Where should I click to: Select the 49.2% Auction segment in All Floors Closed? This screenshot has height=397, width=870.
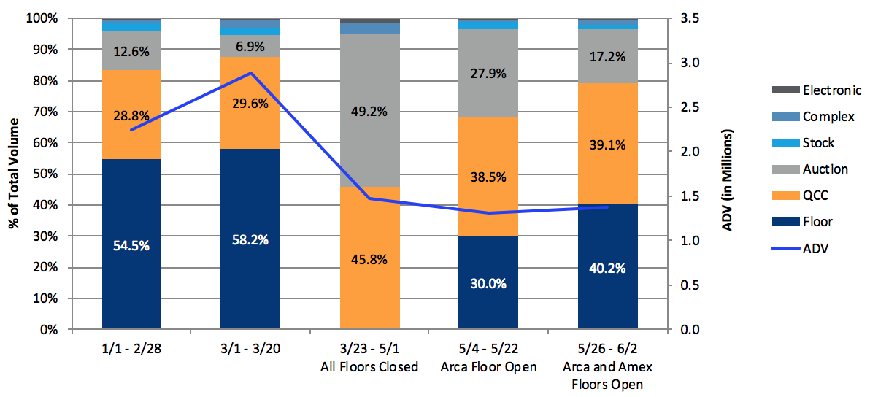[369, 110]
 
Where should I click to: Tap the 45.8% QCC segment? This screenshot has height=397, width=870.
[369, 258]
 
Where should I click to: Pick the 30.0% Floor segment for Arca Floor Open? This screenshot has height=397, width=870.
[488, 283]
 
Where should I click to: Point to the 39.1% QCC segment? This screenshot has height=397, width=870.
[607, 144]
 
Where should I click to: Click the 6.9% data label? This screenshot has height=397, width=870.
[250, 45]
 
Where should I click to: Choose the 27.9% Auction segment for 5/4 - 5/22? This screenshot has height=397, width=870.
[488, 73]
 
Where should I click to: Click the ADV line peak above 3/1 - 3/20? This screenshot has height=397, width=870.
[250, 73]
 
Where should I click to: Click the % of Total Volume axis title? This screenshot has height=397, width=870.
[14, 174]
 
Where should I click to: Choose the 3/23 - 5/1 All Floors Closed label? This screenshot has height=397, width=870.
[369, 359]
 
